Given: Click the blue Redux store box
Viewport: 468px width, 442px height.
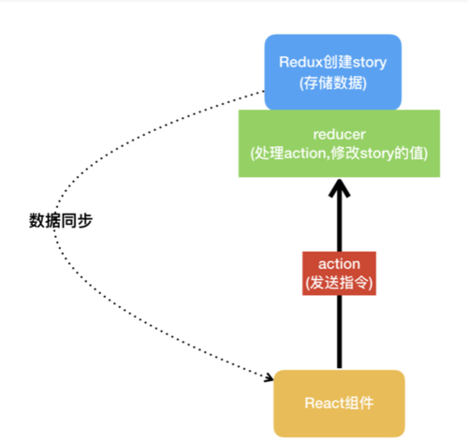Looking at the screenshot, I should pos(332,71).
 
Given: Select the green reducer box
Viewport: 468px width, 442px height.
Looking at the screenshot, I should pos(332,143).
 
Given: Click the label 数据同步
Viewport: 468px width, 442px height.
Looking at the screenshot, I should pos(61,221).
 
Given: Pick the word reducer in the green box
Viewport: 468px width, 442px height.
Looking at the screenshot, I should pos(332,134).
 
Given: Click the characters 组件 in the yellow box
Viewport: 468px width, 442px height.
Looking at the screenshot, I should pos(358,403).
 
